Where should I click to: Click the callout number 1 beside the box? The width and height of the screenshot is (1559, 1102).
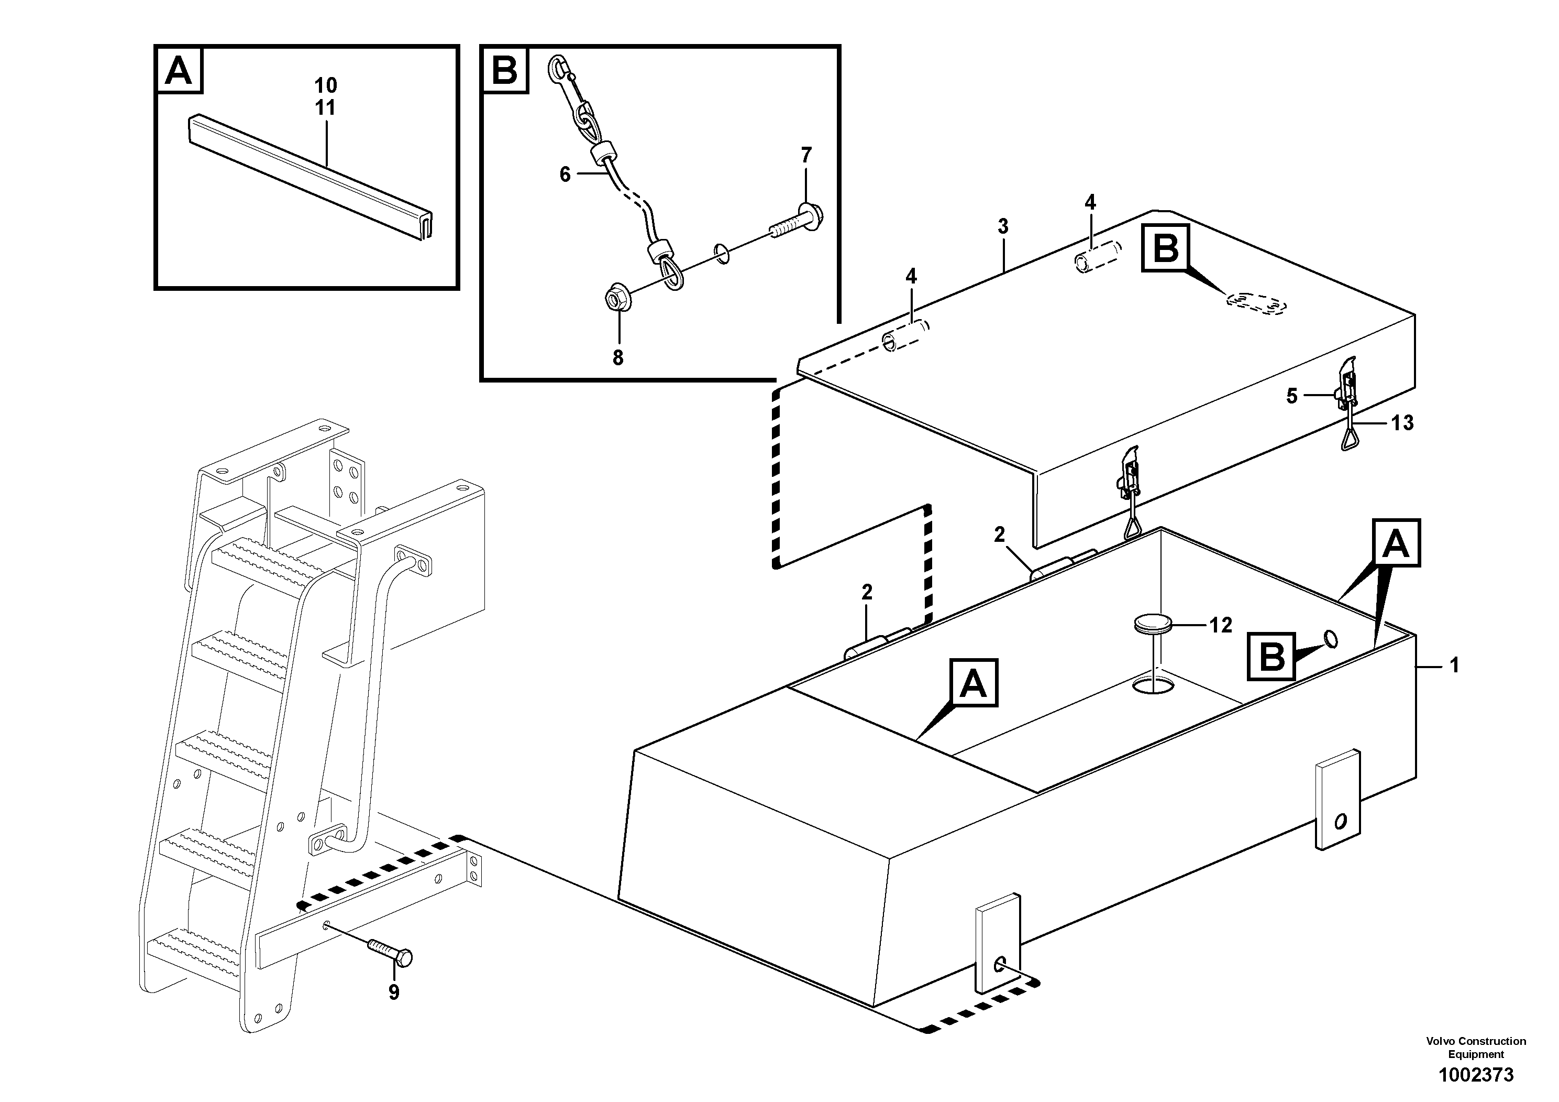click(x=1454, y=666)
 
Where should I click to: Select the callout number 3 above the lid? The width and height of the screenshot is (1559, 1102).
click(x=1003, y=226)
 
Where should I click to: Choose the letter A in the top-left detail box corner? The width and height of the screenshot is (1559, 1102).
click(x=179, y=70)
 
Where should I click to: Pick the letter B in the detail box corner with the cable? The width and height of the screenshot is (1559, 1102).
click(x=504, y=70)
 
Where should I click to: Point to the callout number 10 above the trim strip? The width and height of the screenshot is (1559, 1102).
click(x=325, y=85)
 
